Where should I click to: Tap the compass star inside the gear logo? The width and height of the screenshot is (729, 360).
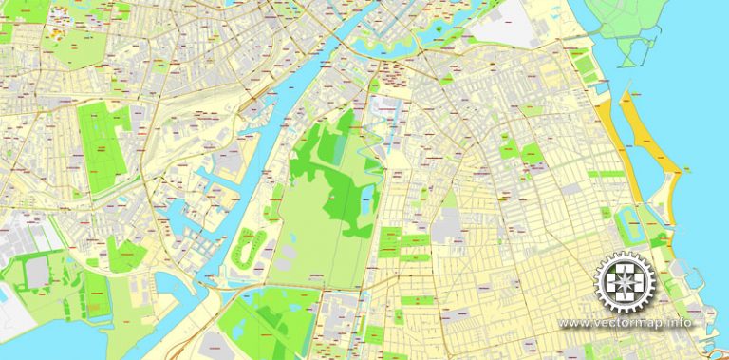pyautogui.click(x=626, y=282)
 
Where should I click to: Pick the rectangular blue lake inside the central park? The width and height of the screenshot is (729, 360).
pyautogui.click(x=366, y=200)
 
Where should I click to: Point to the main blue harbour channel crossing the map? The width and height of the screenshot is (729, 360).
pyautogui.click(x=256, y=171)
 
